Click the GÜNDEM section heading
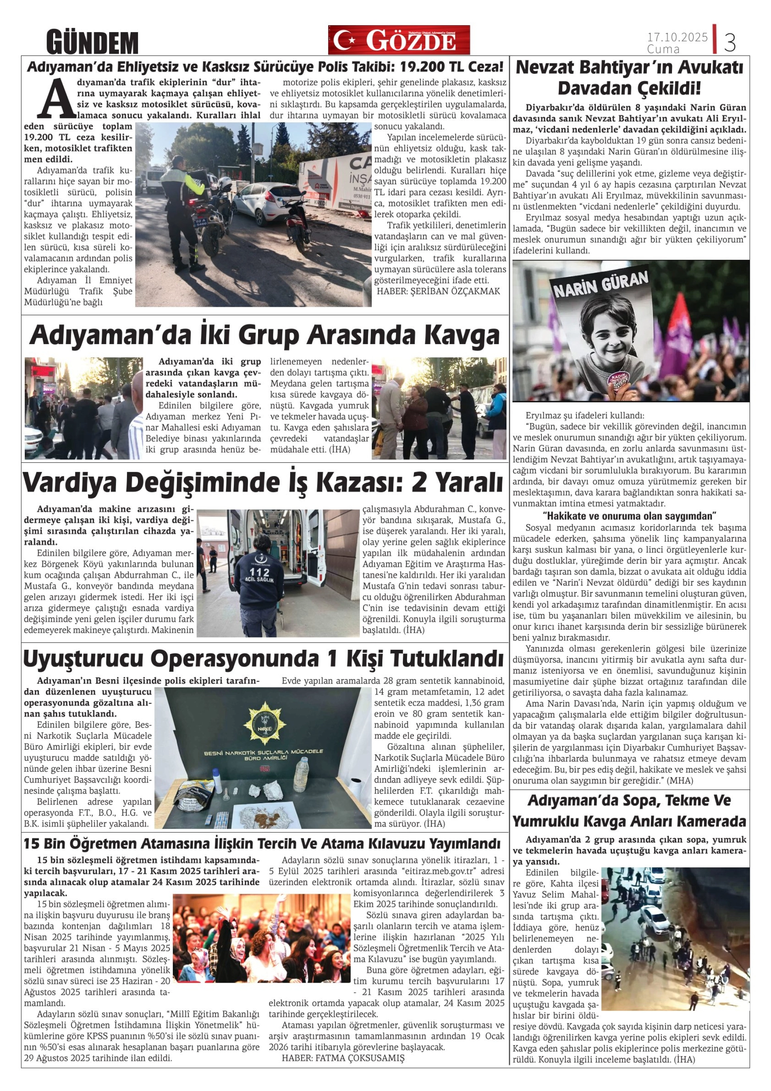[x=92, y=43]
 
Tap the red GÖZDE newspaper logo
[x=398, y=41]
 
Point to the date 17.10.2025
[x=677, y=37]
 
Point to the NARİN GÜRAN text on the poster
[x=601, y=285]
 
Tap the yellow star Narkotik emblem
[x=263, y=723]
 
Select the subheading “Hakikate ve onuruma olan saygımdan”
[x=629, y=516]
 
